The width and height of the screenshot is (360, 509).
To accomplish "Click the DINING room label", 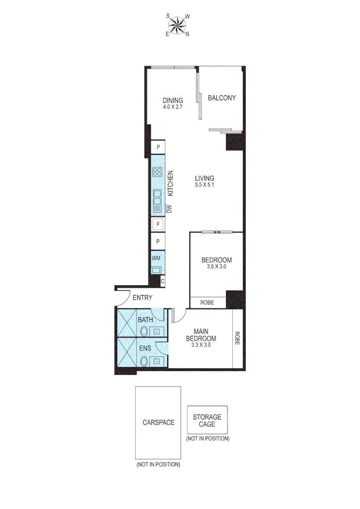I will coord(173,100).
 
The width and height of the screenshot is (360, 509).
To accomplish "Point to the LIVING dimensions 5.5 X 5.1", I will coord(205,185).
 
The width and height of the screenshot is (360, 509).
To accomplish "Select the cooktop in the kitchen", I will coord(157,172).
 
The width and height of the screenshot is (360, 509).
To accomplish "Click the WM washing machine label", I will coord(155,259).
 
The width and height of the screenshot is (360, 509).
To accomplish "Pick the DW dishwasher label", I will coord(170,209).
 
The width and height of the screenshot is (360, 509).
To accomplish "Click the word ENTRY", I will coord(142,297).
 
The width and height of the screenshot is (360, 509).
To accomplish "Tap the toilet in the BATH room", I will coord(143,331).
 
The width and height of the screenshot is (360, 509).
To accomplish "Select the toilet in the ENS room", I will coord(143,361).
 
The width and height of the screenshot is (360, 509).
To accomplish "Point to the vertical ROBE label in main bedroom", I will coord(237,338).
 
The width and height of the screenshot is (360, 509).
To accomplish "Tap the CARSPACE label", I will coord(158,422).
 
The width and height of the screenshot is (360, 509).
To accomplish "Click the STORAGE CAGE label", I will coord(207,420).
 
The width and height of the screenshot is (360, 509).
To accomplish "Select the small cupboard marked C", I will coord(163,281).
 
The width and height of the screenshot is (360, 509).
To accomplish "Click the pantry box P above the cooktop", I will coord(158,147).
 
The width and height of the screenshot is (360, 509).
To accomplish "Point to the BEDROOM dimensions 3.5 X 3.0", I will coord(216,266).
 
